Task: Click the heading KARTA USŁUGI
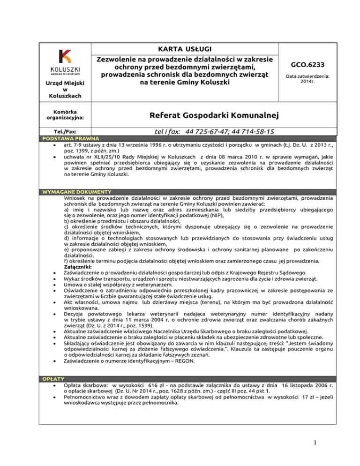185,50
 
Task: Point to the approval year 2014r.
307,81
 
